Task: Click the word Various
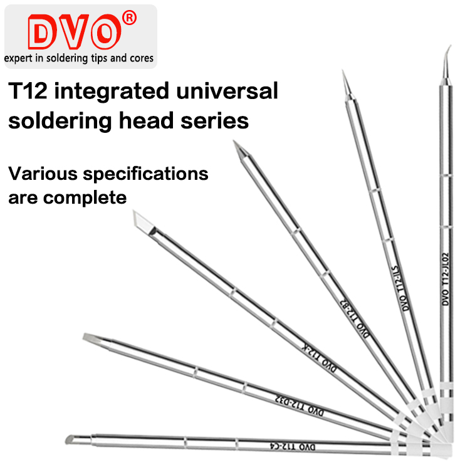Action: (41, 172)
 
